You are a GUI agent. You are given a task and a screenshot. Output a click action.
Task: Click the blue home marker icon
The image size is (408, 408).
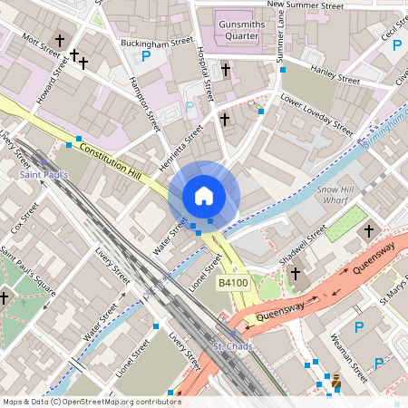tap(204, 195)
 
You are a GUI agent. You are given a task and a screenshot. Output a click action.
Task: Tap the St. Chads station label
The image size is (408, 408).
tap(229, 347)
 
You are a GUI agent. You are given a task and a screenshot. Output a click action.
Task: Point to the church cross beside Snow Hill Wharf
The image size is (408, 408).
tap(369, 232)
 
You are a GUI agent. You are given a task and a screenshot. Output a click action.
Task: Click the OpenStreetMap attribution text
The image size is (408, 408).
tap(91, 401)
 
